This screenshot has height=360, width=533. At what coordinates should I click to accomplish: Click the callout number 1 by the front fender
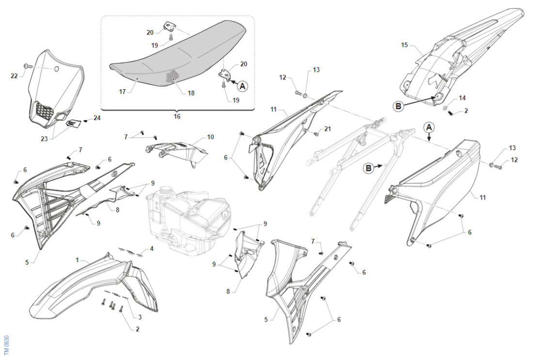point(77,260)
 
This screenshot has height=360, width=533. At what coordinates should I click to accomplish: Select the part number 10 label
point(210,137)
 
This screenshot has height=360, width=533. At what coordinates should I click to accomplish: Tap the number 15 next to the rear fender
point(405,45)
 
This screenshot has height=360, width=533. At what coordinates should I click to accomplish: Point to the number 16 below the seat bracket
point(177,117)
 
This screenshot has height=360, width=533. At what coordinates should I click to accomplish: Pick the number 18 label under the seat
point(191,93)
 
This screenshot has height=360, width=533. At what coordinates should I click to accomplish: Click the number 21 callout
point(328,129)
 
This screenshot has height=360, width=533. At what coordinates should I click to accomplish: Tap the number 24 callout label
point(97,118)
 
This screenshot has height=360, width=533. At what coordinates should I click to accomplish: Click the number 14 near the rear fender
point(462,98)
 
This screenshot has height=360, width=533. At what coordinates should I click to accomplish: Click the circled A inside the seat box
point(242,86)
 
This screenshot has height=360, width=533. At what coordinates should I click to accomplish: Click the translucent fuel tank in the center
point(189,218)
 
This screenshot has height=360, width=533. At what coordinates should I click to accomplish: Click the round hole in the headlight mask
point(56,69)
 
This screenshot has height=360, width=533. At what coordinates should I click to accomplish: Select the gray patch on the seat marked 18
point(172,77)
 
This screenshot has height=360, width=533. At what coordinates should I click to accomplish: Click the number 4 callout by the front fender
point(152,249)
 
